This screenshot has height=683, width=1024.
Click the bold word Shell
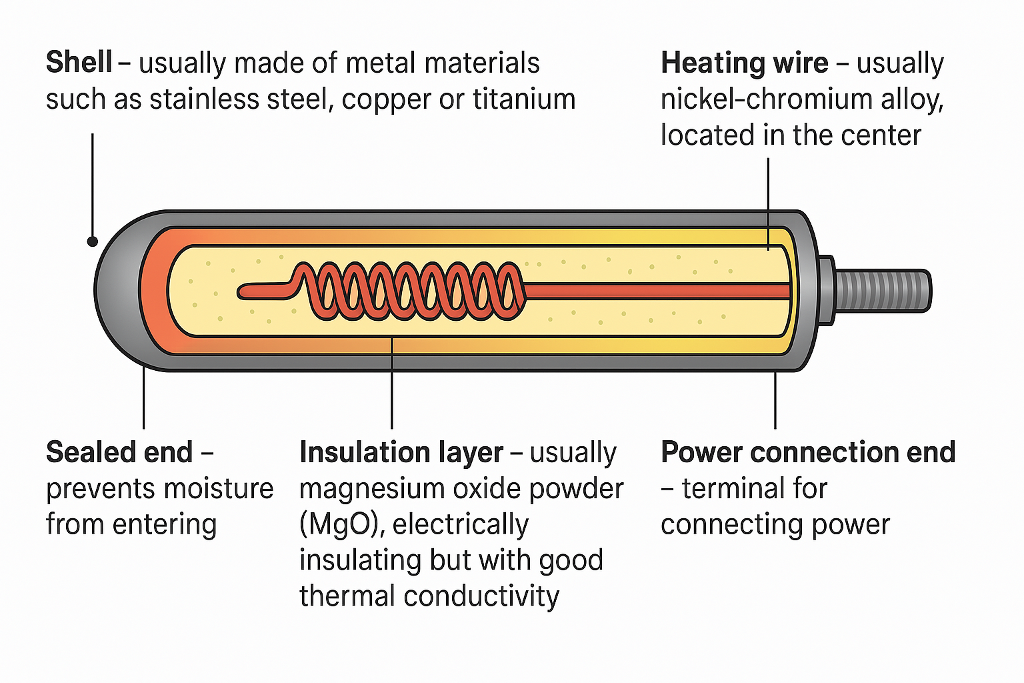click(x=79, y=63)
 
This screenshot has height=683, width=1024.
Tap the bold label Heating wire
click(x=744, y=63)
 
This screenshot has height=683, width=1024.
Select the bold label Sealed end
click(x=119, y=452)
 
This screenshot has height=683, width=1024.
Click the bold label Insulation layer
click(x=401, y=452)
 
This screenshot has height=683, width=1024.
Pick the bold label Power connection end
click(x=807, y=452)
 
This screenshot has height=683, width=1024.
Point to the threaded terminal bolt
click(x=881, y=290)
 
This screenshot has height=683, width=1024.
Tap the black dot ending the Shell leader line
click(x=93, y=241)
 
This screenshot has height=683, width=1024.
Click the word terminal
click(x=754, y=488)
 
